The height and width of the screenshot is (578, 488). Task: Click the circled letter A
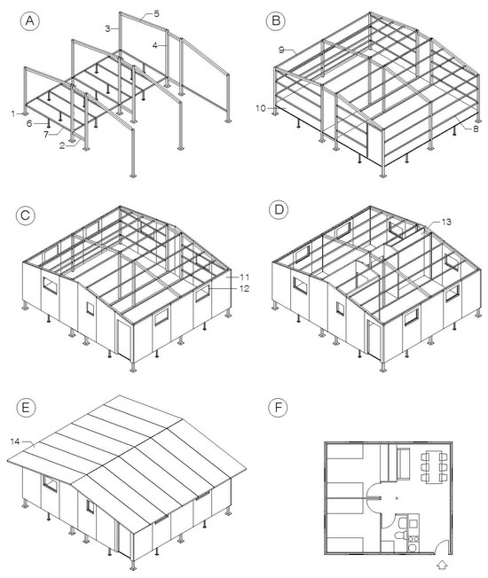tap(29, 21)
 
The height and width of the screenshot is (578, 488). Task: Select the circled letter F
tap(278, 407)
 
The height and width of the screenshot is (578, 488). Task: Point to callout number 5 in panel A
tap(156, 14)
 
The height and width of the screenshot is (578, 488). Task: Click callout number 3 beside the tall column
tap(107, 28)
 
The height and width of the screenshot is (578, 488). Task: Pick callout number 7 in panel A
tap(46, 135)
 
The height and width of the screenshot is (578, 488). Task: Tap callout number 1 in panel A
tap(13, 114)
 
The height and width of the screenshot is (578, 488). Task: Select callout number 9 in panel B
tap(281, 50)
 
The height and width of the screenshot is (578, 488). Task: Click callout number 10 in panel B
tap(261, 108)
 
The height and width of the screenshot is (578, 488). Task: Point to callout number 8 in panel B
tap(476, 129)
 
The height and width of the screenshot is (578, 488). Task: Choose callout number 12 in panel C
tap(245, 288)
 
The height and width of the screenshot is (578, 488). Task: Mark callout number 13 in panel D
tap(446, 222)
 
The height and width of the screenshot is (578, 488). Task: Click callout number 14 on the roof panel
tap(15, 441)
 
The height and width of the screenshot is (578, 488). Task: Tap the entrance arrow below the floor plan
tap(442, 564)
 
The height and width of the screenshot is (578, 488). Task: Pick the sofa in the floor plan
tap(403, 464)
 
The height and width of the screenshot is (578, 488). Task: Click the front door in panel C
tap(123, 340)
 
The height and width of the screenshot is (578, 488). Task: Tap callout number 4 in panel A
tap(155, 45)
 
